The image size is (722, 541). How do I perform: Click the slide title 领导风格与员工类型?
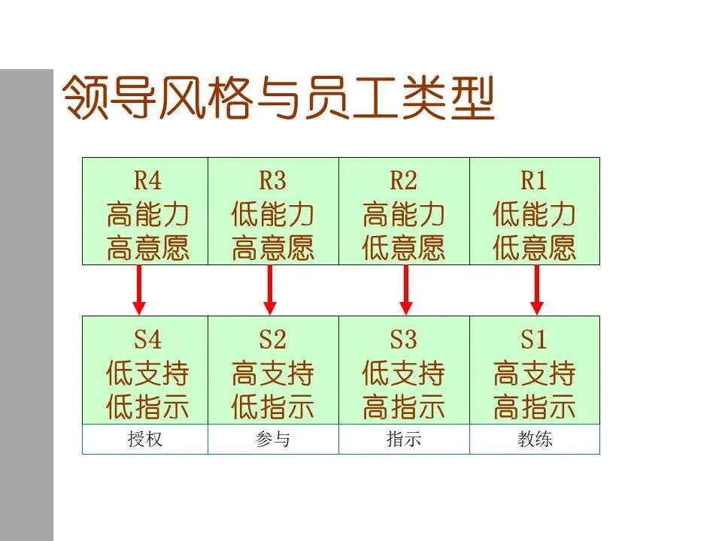tap(278, 98)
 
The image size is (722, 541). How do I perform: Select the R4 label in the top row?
tap(147, 181)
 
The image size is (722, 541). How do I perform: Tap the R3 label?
tap(272, 181)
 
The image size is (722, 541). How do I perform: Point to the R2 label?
tap(403, 181)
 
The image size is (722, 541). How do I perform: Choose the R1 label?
tap(533, 181)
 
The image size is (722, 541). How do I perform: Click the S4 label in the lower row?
tap(147, 340)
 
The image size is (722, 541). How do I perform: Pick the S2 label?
tap(272, 340)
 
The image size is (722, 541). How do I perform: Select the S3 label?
tap(403, 340)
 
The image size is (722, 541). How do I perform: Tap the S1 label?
tap(533, 340)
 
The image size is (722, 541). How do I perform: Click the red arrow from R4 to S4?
tap(138, 289)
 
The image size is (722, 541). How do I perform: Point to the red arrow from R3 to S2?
tap(270, 289)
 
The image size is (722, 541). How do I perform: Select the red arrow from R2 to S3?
tap(406, 289)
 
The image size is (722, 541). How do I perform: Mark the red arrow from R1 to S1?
tap(537, 289)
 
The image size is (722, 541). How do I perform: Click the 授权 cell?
tap(145, 440)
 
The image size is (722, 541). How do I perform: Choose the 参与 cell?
tap(273, 440)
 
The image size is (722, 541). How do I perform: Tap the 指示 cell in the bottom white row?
tap(404, 440)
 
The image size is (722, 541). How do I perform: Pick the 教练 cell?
tap(535, 440)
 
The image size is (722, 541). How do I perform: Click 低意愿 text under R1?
tap(534, 248)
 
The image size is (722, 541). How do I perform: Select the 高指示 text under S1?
tap(534, 407)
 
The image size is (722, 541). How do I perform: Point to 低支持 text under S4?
tap(147, 373)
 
